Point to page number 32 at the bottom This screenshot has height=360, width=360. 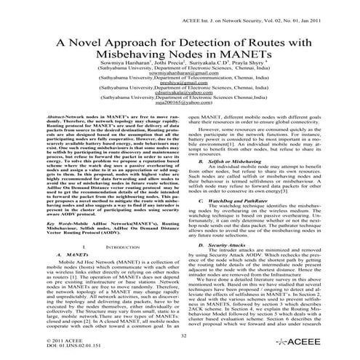click(x=180, y=335)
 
